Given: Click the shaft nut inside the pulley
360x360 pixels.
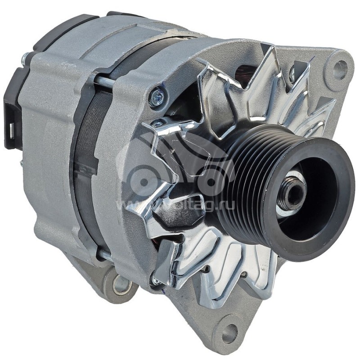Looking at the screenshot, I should tap(292, 194).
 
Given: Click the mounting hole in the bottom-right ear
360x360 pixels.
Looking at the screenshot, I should tap(229, 333).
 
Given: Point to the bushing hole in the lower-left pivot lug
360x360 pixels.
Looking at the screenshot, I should tap(121, 284).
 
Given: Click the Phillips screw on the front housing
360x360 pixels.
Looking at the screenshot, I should tap(157, 98).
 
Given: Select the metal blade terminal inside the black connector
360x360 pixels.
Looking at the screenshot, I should tap(10, 130).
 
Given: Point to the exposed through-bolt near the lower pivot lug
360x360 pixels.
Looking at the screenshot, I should tap(104, 256).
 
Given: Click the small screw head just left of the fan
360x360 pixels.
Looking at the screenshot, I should tap(157, 123).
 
